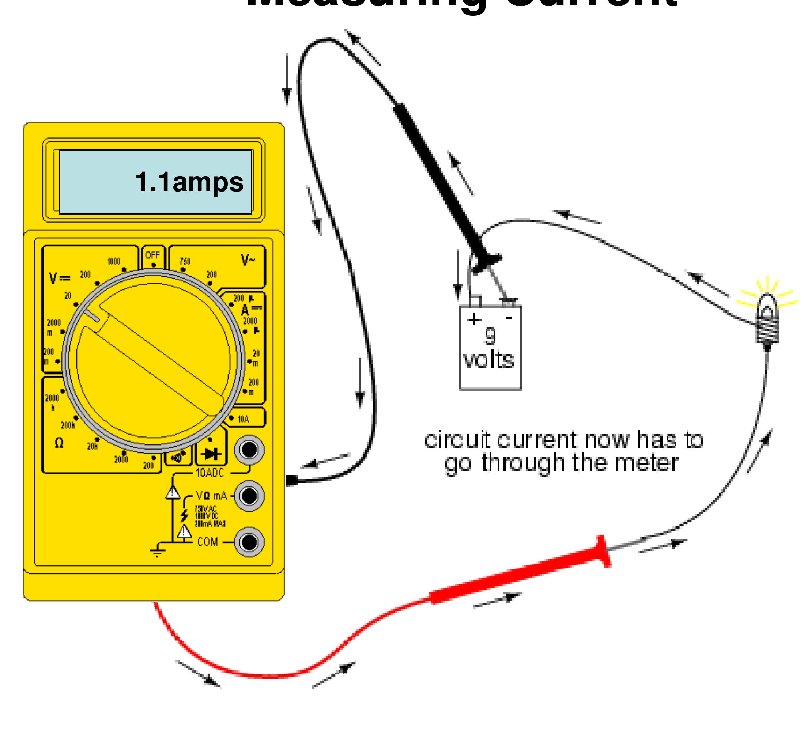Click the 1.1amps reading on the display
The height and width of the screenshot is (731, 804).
189,182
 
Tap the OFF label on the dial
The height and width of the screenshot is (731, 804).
152,255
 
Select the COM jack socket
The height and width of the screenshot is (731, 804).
249,542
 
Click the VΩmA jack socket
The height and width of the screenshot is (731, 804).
249,496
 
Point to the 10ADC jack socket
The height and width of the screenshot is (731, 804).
249,450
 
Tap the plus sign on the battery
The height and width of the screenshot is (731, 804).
474,319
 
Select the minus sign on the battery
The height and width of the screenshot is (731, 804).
509,318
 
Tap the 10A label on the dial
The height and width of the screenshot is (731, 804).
243,419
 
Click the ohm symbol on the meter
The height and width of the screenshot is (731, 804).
58,443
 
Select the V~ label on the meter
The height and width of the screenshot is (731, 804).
248,260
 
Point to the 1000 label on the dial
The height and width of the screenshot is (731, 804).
114,261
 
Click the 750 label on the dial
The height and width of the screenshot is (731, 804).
185,261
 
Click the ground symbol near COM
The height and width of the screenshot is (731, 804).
157,552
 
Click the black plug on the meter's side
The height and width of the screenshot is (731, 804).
292,481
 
